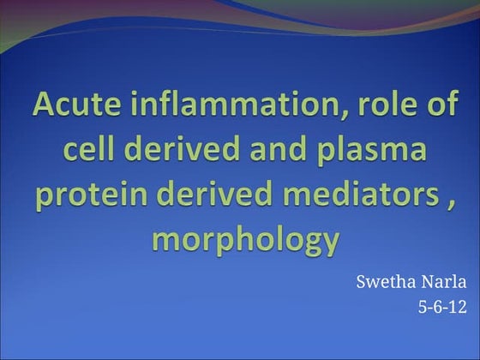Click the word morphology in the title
point(246,241)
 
